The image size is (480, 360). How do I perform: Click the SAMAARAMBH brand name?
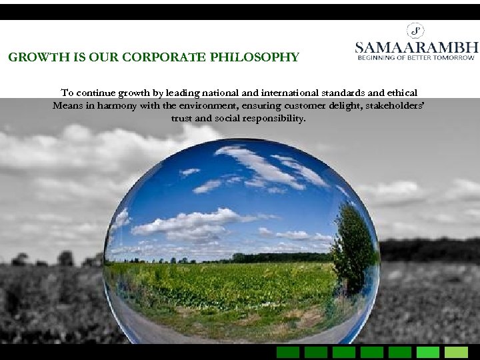pos(417,47)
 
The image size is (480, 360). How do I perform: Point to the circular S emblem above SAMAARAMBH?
pos(416,30)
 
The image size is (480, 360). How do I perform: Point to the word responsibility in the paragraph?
pos(273,118)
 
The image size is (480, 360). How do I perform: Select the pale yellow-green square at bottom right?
pos(456,352)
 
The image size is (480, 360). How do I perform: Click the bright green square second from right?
pos(428,352)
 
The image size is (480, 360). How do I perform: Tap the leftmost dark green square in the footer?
pos(288,352)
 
